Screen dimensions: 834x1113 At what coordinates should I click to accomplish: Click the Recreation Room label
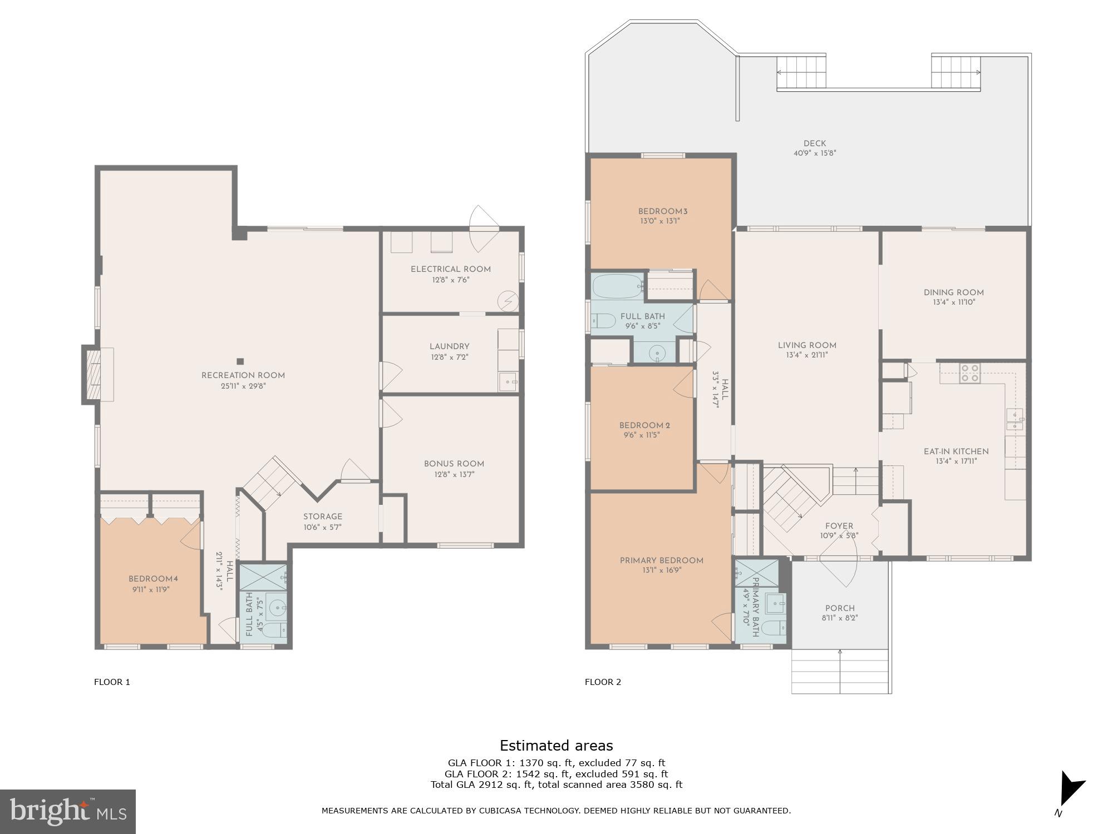[243, 375]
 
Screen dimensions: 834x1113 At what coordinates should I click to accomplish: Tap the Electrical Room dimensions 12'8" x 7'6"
[451, 280]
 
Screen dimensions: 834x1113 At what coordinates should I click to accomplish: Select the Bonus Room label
[454, 464]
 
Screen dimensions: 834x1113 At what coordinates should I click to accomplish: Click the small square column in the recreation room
[240, 361]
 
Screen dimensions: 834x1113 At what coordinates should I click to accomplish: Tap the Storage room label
[323, 517]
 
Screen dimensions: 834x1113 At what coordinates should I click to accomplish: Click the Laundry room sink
[508, 382]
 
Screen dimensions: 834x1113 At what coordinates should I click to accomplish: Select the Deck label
[815, 143]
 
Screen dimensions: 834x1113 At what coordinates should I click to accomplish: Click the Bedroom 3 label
[663, 211]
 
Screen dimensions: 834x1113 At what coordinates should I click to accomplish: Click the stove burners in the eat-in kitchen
[970, 372]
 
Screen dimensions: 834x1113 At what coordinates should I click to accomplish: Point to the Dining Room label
[954, 292]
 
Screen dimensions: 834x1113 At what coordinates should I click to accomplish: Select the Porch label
[840, 608]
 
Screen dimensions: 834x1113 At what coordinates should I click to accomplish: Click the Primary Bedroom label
[662, 560]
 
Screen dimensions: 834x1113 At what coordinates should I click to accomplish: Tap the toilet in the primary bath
[774, 628]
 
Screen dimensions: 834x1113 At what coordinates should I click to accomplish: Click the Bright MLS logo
[67, 811]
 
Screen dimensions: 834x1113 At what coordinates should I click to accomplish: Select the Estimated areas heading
[556, 746]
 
